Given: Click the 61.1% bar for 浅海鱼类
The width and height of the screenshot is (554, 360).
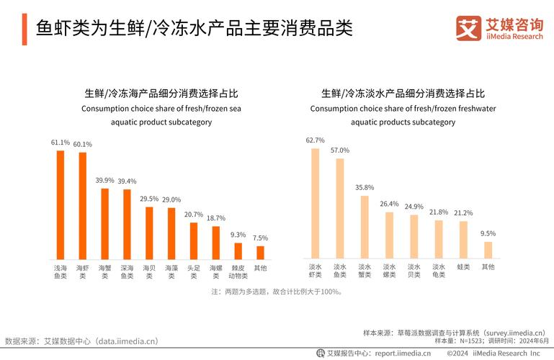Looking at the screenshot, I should pos(61,205).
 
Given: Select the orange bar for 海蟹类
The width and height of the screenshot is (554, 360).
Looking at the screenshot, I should pos(105,224).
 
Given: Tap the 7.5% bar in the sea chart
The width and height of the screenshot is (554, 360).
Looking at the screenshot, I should pos(260,253).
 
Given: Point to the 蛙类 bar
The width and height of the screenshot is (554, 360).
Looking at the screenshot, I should pos(463,240).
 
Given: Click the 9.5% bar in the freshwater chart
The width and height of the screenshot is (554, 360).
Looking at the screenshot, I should pos(488,251).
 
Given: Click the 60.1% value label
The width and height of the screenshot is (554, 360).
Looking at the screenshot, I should pos(83,145).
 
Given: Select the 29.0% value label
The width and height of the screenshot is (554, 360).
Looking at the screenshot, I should pos(171,199).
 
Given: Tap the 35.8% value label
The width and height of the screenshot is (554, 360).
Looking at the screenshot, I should pos(365,188).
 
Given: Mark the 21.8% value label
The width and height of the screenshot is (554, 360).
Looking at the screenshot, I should pos(439,212).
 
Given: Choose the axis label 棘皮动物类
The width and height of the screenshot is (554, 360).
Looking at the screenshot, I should pos(238,271).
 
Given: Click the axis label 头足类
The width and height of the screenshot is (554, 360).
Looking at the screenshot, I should pos(194,271).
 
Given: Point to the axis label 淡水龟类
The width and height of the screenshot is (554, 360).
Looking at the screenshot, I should pos(439,271).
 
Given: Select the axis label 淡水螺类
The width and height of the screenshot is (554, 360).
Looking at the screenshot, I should pos(389,271).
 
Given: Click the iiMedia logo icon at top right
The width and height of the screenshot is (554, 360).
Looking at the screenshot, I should pos(468,29).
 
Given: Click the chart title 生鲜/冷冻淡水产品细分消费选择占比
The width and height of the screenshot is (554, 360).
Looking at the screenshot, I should pos(403,94).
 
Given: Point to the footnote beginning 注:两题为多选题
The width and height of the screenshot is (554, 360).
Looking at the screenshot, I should pos(277,292).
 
